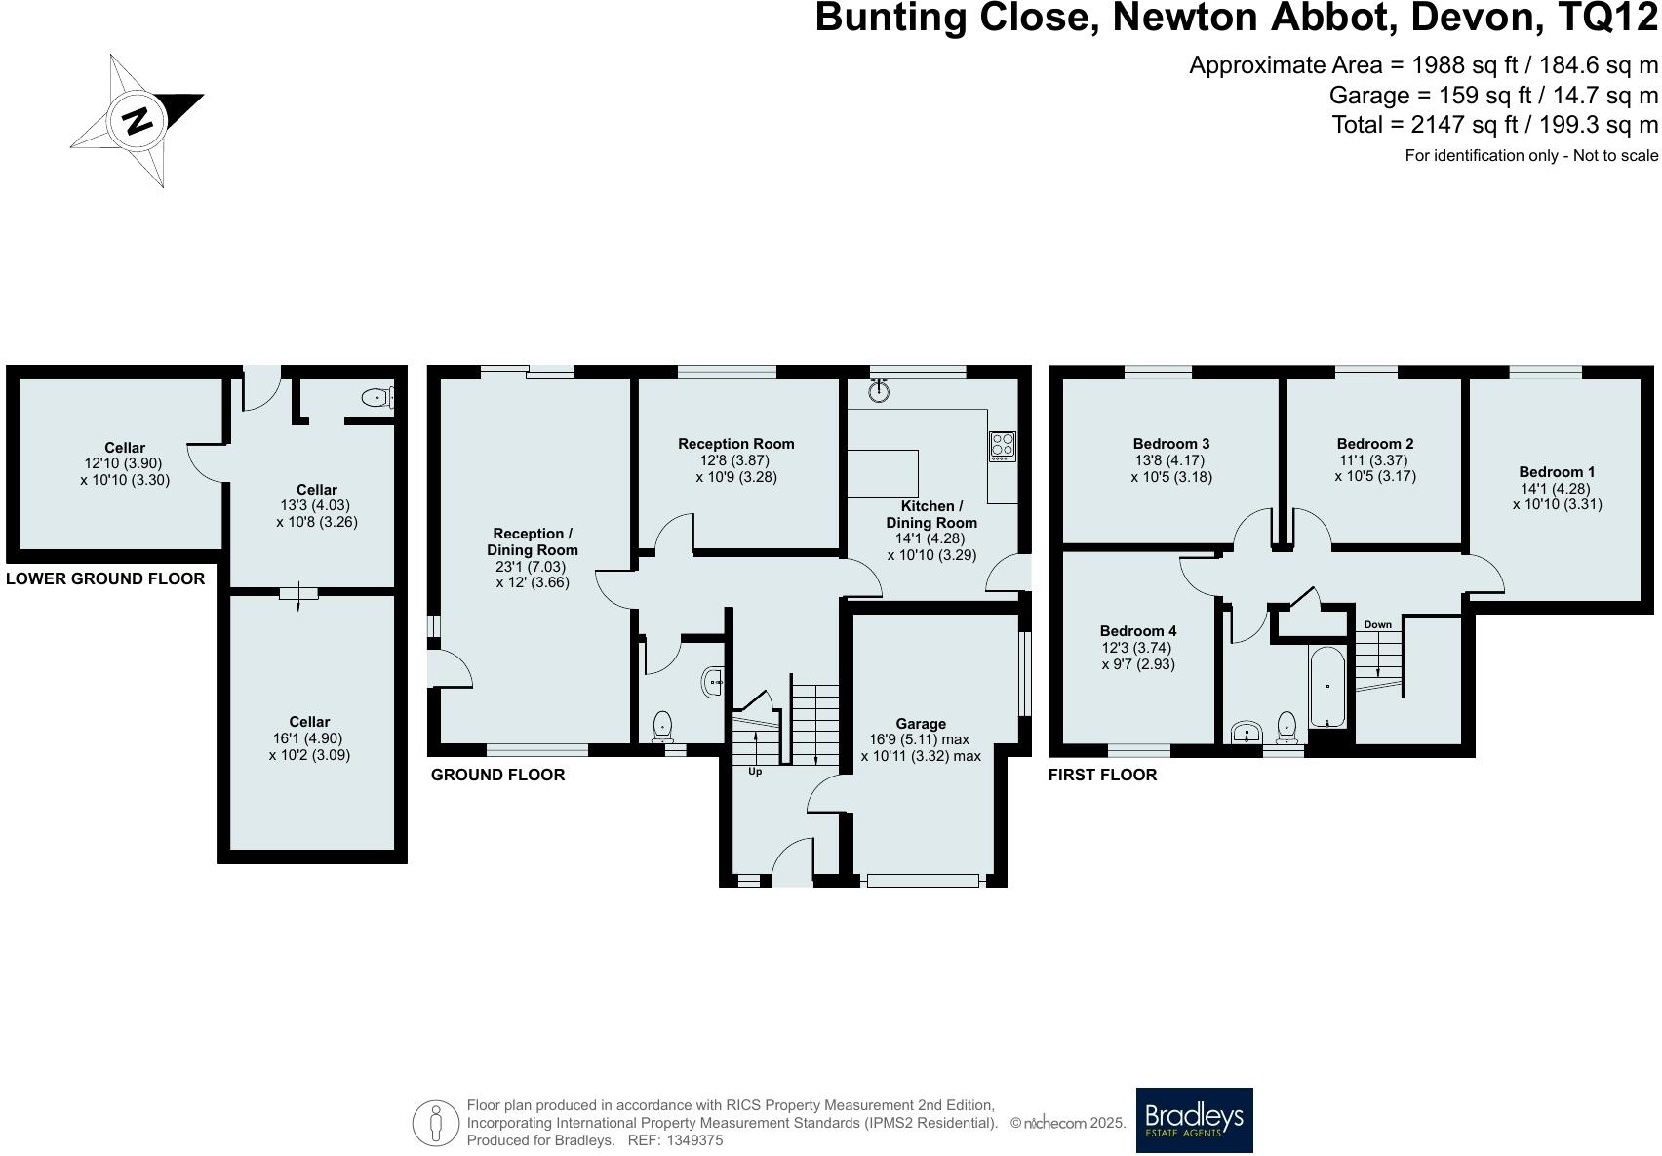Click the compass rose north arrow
click(x=138, y=120)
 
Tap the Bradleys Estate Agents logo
click(x=1194, y=1120)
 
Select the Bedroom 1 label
click(x=1556, y=472)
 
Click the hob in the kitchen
click(x=1003, y=446)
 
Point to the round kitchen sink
click(x=880, y=392)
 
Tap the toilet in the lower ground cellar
click(x=376, y=398)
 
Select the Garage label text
click(x=921, y=724)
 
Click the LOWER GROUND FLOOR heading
click(x=105, y=578)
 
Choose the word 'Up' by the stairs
click(x=754, y=772)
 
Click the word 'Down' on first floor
click(x=1377, y=624)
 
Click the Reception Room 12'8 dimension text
click(x=736, y=460)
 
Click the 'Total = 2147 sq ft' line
click(x=1494, y=125)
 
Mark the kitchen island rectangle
click(x=883, y=473)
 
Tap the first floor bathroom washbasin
click(x=1246, y=732)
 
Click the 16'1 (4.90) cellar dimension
click(x=309, y=738)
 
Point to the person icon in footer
click(x=436, y=1124)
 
